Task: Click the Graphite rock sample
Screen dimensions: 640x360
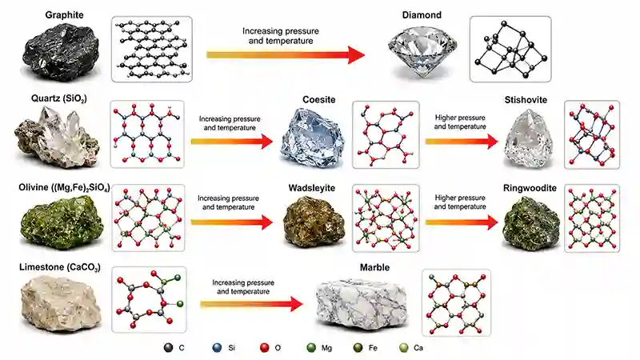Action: [62, 51]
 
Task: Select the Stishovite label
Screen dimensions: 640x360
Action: [526, 100]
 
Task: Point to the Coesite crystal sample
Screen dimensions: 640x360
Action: [312, 138]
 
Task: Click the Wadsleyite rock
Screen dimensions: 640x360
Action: [314, 222]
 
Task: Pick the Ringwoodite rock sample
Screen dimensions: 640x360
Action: [531, 223]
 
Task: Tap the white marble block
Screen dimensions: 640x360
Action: [362, 303]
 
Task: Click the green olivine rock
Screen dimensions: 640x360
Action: [62, 222]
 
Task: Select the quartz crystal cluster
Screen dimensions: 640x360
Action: [57, 137]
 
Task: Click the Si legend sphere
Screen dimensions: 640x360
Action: [217, 348]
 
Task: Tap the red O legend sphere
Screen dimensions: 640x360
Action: [265, 348]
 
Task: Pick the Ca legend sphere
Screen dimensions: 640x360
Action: [404, 348]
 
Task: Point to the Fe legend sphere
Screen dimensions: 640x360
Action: [358, 348]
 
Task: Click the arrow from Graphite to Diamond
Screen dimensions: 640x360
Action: [286, 55]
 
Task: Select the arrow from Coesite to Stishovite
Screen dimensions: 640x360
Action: [462, 142]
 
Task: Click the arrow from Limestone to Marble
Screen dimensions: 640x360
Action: [251, 304]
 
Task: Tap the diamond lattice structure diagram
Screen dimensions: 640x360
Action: [510, 49]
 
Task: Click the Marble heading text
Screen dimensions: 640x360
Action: [374, 268]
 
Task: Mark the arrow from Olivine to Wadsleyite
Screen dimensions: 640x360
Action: [232, 222]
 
